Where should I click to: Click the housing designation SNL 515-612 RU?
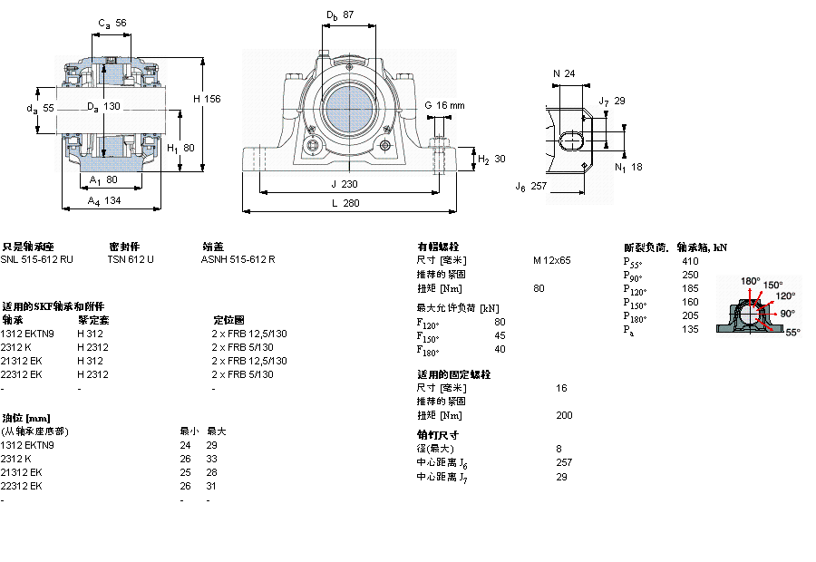coord(37,259)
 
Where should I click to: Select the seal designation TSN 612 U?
coord(131,259)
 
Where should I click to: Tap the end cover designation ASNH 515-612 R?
coord(238,259)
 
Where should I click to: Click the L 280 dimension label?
coord(345,204)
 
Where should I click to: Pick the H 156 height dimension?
coord(207,99)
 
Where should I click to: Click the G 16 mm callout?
coord(444,105)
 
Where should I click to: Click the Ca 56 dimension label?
coord(112,24)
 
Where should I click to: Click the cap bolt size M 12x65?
coord(552,260)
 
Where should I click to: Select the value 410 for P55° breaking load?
coord(690,261)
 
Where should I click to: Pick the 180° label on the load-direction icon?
coord(751,281)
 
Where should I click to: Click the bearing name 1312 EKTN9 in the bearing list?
coord(27,334)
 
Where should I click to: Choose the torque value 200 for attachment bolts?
coord(564,415)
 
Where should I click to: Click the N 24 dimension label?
coord(564,73)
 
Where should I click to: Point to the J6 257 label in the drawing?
coord(531,187)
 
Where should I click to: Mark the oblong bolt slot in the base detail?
coord(573,141)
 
